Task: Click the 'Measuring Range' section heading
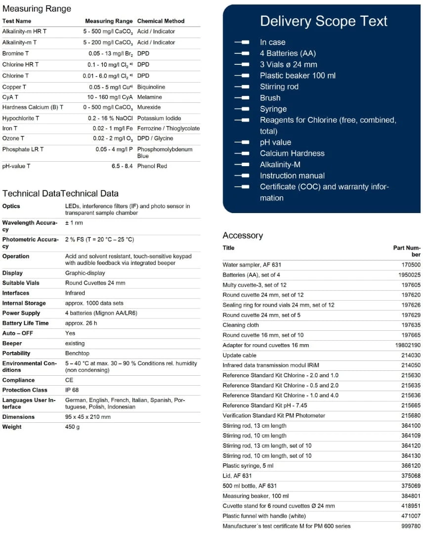[37, 8]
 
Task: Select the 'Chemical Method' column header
[161, 21]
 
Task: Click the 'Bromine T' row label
[15, 53]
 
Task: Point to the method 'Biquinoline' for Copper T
[151, 87]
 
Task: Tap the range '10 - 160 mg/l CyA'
[110, 97]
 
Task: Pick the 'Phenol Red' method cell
[152, 166]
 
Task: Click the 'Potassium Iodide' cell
[159, 118]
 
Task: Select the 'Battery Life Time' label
[25, 323]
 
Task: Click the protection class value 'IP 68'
[73, 390]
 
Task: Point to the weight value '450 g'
[72, 427]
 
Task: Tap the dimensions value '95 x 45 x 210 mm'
[88, 417]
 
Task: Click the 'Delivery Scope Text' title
[324, 21]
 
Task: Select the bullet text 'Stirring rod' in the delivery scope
[279, 87]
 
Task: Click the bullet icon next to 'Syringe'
[242, 109]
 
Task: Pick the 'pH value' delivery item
[275, 142]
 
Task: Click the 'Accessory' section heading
[243, 235]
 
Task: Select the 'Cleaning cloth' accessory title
[241, 325]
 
